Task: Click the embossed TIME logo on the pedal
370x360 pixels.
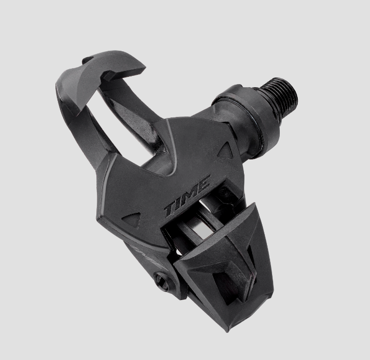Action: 187,196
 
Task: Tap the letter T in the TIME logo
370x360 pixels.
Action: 171,210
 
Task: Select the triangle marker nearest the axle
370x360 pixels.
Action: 225,150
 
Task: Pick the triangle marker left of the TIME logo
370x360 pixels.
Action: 131,218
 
